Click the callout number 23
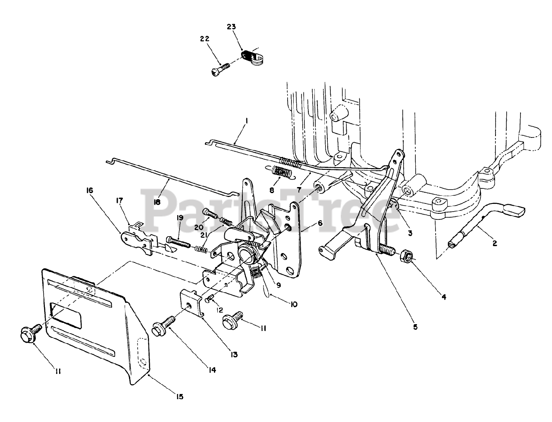(x=232, y=27)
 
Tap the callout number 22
(x=204, y=39)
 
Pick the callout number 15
(x=180, y=397)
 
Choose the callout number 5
(x=415, y=327)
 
